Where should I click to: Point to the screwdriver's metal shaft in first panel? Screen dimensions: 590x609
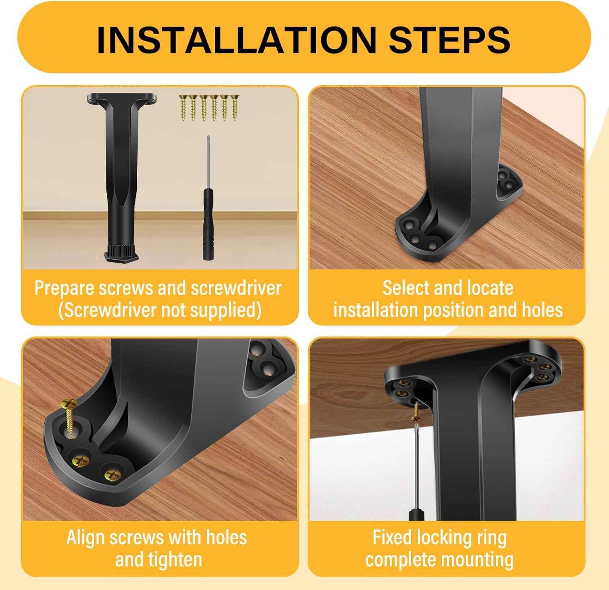[x=208, y=163]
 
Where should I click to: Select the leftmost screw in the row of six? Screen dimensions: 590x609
[x=183, y=108]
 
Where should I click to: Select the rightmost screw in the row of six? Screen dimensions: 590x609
[x=234, y=108]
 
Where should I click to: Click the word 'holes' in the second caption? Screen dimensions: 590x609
[x=542, y=310]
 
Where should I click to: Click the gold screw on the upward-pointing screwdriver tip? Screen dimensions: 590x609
[x=415, y=417]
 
